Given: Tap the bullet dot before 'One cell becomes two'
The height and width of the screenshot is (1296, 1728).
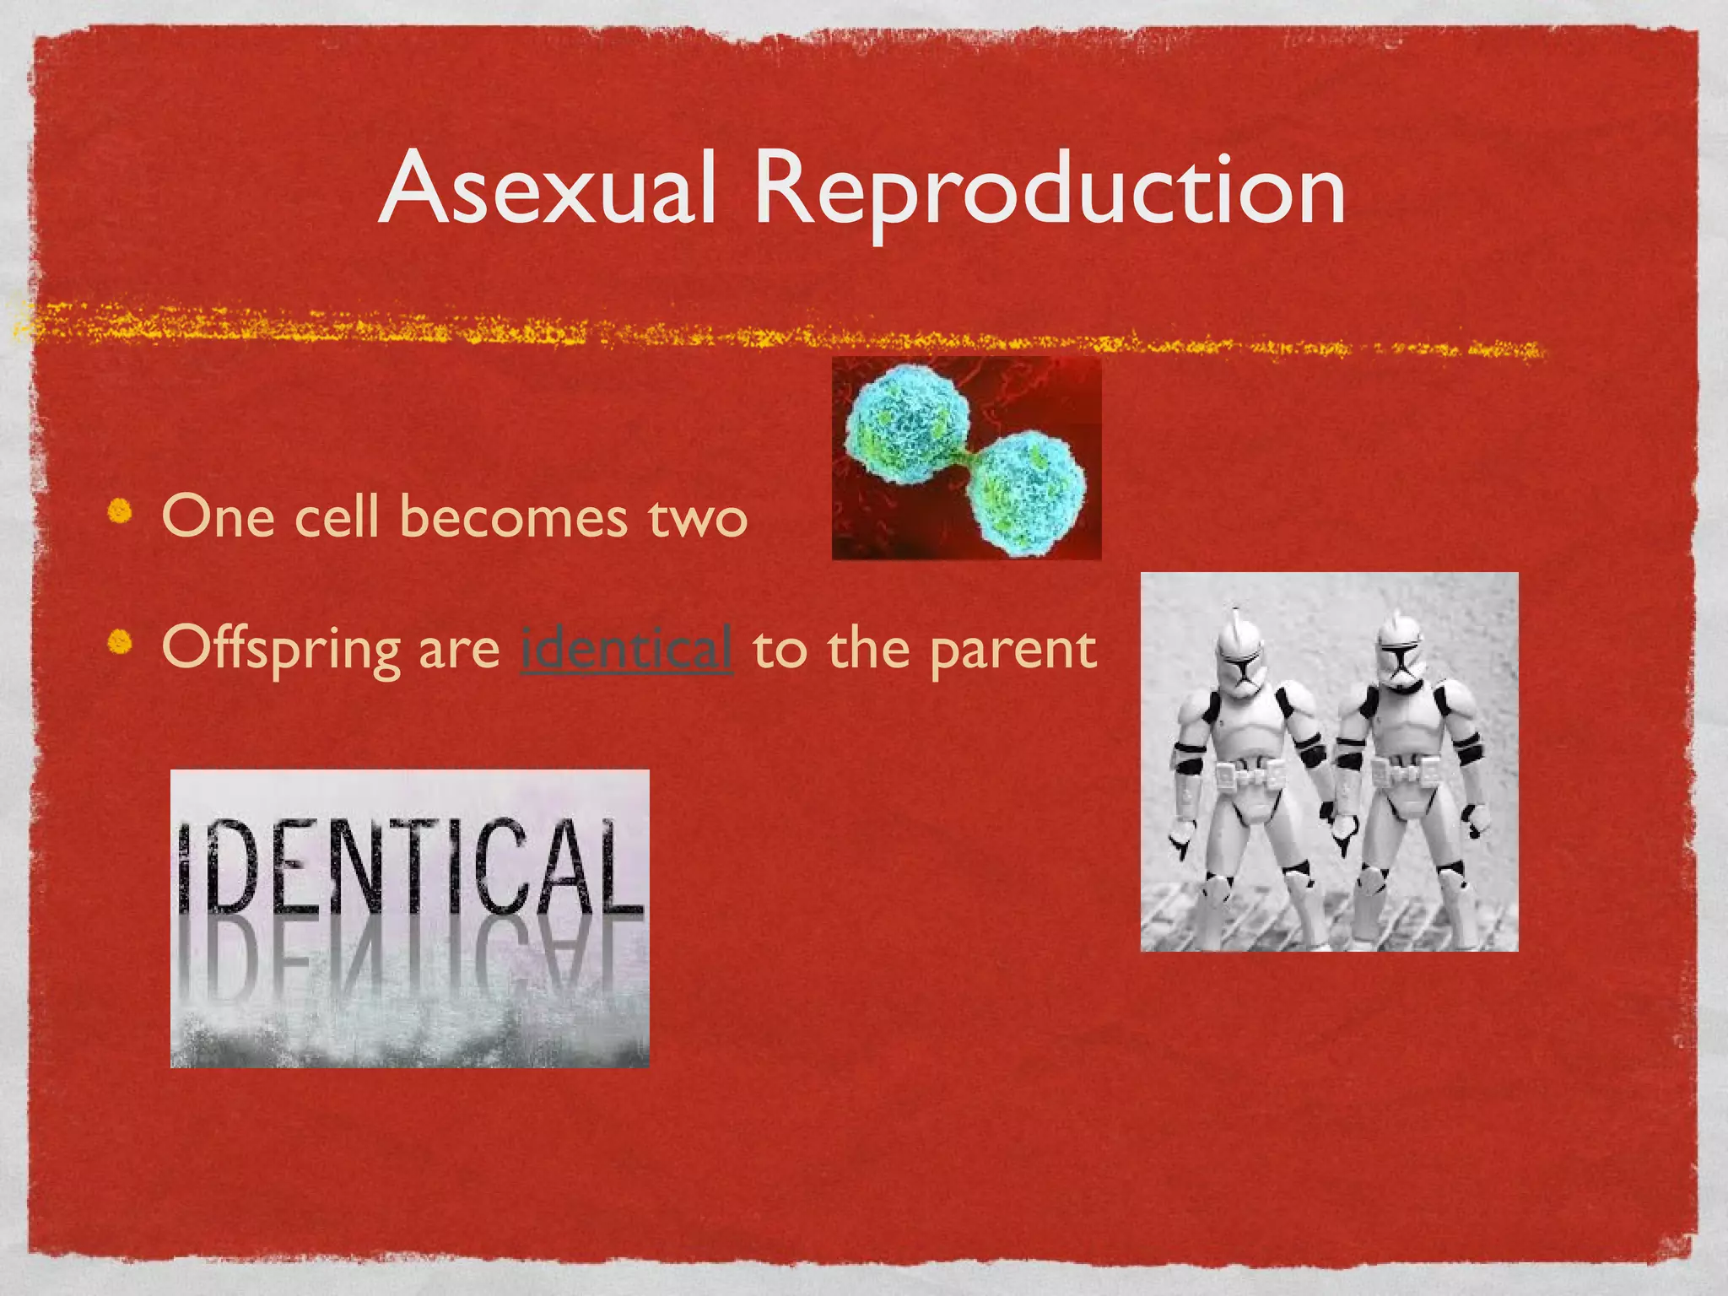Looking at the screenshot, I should [121, 512].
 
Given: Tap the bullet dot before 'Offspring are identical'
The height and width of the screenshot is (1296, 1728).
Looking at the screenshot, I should [121, 643].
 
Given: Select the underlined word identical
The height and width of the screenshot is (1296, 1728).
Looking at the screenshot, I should [626, 648].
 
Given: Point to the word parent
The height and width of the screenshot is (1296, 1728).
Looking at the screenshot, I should [1012, 651].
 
